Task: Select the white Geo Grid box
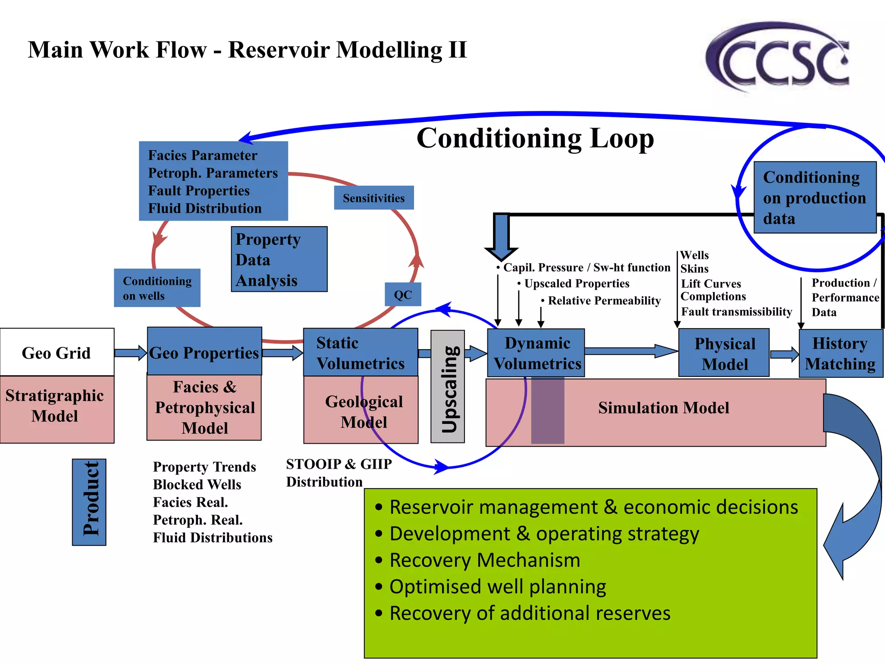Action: (x=57, y=352)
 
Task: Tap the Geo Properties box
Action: (x=204, y=352)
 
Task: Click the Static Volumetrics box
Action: (x=360, y=353)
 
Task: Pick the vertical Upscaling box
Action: (x=448, y=387)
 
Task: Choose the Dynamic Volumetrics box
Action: (x=536, y=353)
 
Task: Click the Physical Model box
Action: (x=724, y=353)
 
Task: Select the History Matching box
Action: (x=840, y=353)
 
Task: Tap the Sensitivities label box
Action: (x=374, y=198)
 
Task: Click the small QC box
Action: (x=403, y=294)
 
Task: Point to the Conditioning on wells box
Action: (x=157, y=288)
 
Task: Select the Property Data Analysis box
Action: (x=279, y=259)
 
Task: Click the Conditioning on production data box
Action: (x=815, y=198)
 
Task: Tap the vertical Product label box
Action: (x=89, y=502)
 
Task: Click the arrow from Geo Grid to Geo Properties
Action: (x=130, y=353)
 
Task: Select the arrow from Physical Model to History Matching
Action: (x=784, y=354)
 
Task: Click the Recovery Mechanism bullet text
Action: (x=484, y=560)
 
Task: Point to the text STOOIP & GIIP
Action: (x=339, y=464)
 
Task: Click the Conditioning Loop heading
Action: (x=535, y=138)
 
